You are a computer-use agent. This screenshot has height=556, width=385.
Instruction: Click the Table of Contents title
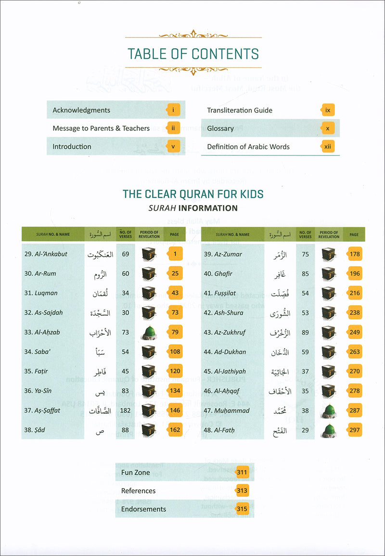click(193, 53)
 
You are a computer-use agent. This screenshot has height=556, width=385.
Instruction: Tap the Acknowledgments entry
click(81, 110)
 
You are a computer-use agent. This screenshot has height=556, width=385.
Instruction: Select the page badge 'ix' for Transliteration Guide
click(328, 110)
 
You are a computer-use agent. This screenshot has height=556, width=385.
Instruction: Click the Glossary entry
click(220, 129)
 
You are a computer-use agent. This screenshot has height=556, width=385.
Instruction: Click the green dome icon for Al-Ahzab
click(149, 332)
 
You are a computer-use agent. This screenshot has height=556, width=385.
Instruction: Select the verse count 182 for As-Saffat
click(126, 410)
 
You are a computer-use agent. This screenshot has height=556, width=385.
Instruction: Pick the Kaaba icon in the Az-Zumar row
click(329, 254)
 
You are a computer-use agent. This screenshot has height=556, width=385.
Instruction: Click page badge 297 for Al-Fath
click(355, 430)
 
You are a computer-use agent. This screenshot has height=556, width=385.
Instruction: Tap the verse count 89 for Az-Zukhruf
click(305, 332)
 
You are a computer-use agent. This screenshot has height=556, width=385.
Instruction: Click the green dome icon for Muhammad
click(329, 411)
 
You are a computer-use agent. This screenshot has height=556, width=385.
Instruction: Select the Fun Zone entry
click(136, 473)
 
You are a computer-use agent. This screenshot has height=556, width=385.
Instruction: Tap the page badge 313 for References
click(242, 491)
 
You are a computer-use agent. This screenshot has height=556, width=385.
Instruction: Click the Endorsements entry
click(144, 509)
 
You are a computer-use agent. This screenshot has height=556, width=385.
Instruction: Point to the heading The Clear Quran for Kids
click(193, 194)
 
